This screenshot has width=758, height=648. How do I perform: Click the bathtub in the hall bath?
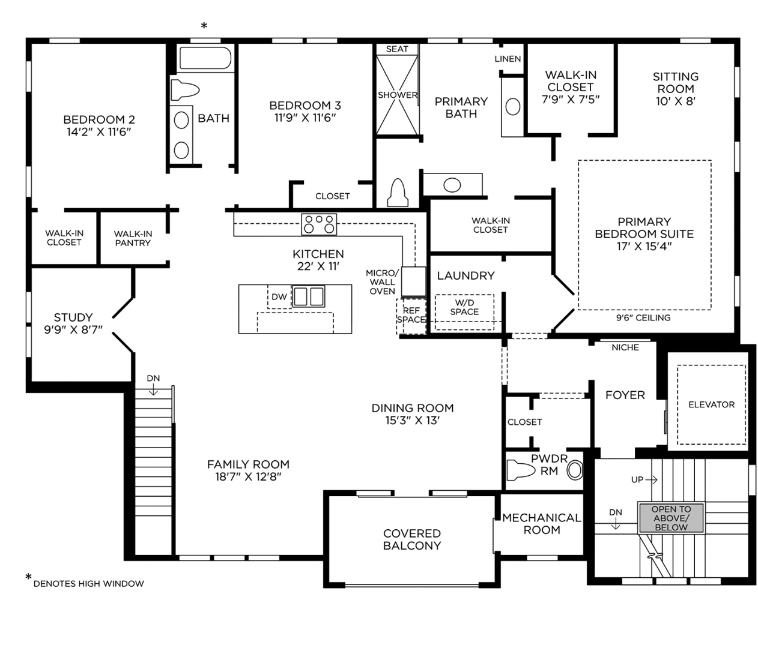205,58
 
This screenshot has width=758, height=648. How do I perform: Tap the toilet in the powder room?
521,470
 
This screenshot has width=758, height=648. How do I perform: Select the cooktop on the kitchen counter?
319,224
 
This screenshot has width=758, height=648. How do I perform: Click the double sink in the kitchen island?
308,296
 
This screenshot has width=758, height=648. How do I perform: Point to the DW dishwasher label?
279,297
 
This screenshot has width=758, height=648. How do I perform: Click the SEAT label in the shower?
397,49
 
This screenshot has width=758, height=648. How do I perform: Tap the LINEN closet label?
508,59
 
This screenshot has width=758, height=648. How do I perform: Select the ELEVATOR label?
711,404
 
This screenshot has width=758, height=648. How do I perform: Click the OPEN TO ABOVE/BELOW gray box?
671,518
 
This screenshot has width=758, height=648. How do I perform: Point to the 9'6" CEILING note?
643,317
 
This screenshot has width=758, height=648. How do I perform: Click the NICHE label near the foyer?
625,347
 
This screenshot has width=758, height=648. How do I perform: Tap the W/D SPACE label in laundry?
464,307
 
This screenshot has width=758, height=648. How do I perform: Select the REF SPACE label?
411,315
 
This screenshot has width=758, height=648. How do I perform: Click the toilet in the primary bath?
398,193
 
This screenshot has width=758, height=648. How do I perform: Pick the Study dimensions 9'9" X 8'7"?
73,329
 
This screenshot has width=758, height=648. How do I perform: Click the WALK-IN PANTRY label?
133,238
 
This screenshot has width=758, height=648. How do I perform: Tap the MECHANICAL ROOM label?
542,523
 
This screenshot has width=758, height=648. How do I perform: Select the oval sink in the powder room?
575,471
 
